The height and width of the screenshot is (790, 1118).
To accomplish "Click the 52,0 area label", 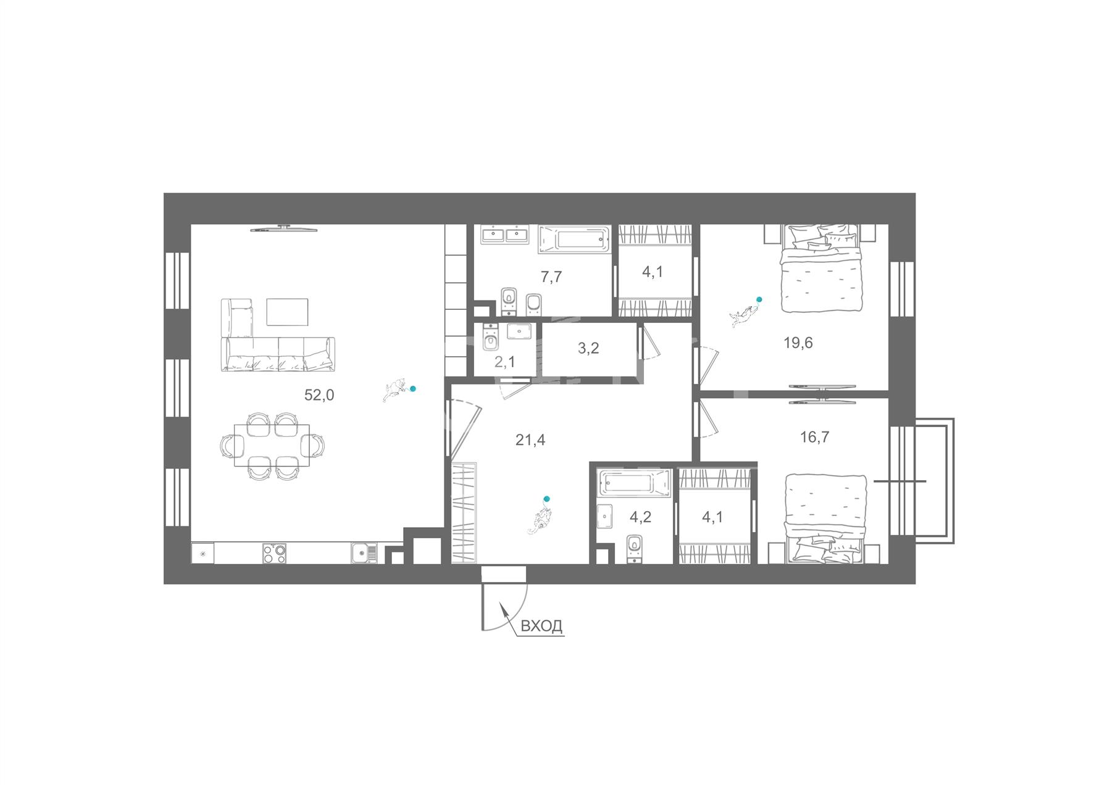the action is coord(319,395).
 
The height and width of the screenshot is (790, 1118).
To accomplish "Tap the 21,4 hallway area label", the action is coord(530,440).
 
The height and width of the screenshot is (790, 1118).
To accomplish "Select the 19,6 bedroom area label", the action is coord(798,343).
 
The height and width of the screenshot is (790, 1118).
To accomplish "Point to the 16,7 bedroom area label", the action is coord(815,438).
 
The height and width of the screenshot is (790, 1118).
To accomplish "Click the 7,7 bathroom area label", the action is coord(551,276).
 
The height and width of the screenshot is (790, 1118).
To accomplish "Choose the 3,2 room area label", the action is coord(588,348).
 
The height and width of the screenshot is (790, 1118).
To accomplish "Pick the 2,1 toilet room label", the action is coord(505,362).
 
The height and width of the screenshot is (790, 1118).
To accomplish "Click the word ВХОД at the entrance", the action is coord(542,626).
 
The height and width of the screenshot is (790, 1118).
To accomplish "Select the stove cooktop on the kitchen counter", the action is coord(275,553).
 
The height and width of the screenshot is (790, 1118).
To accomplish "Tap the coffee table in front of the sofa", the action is coord(287,312).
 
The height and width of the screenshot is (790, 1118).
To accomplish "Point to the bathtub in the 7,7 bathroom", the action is coord(574,239).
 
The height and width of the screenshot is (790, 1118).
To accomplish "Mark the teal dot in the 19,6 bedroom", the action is coord(759,299).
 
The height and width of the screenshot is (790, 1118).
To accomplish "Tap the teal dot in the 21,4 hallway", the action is coord(546,499).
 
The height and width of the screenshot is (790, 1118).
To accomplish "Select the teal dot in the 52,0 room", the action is coord(413,389).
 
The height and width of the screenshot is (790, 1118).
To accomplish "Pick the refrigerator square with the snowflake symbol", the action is coord(202,553).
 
